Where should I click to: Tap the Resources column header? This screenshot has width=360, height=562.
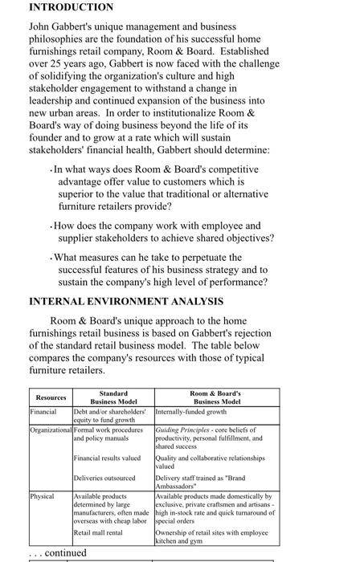51,398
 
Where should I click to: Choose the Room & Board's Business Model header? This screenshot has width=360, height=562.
215,397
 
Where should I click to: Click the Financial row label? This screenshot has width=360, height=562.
43,410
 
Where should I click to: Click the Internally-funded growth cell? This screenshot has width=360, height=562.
191,410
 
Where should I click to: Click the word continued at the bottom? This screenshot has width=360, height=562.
66,553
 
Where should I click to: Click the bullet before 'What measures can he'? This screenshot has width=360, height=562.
51,258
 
